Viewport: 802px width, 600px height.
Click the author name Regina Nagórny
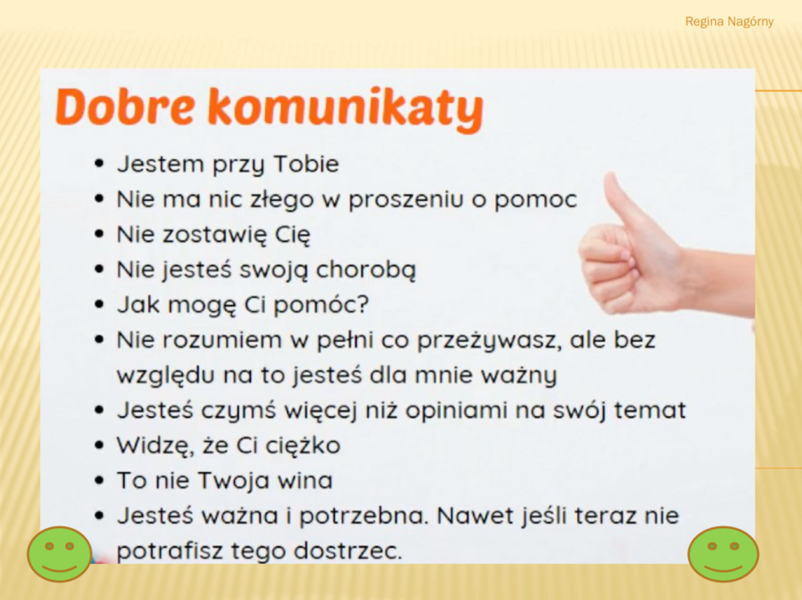[x=729, y=22]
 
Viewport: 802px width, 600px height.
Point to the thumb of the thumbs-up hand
[x=621, y=201]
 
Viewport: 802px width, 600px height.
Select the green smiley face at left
[x=59, y=555]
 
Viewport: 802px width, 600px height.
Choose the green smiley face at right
[x=723, y=555]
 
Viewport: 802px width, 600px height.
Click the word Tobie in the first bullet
[x=306, y=164]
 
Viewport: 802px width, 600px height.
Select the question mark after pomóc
[x=361, y=304]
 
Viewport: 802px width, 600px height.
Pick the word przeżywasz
[x=487, y=341]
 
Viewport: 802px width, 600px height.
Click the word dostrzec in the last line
[x=348, y=551]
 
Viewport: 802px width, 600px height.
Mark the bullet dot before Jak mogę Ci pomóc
[x=100, y=305]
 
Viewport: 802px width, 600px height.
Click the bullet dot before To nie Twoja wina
[x=100, y=480]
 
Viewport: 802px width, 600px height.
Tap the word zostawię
[x=215, y=235]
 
